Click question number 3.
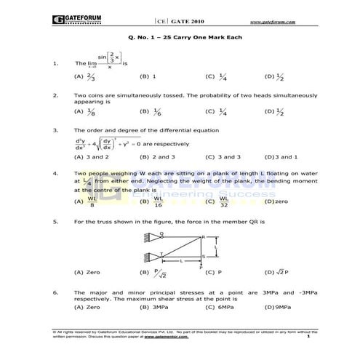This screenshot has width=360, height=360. coord(56,130)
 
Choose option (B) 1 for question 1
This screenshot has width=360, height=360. coord(149,75)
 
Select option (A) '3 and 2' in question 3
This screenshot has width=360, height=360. coord(91,156)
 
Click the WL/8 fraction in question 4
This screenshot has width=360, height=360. coord(92,201)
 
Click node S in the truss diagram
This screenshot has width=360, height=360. coord(203,256)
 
